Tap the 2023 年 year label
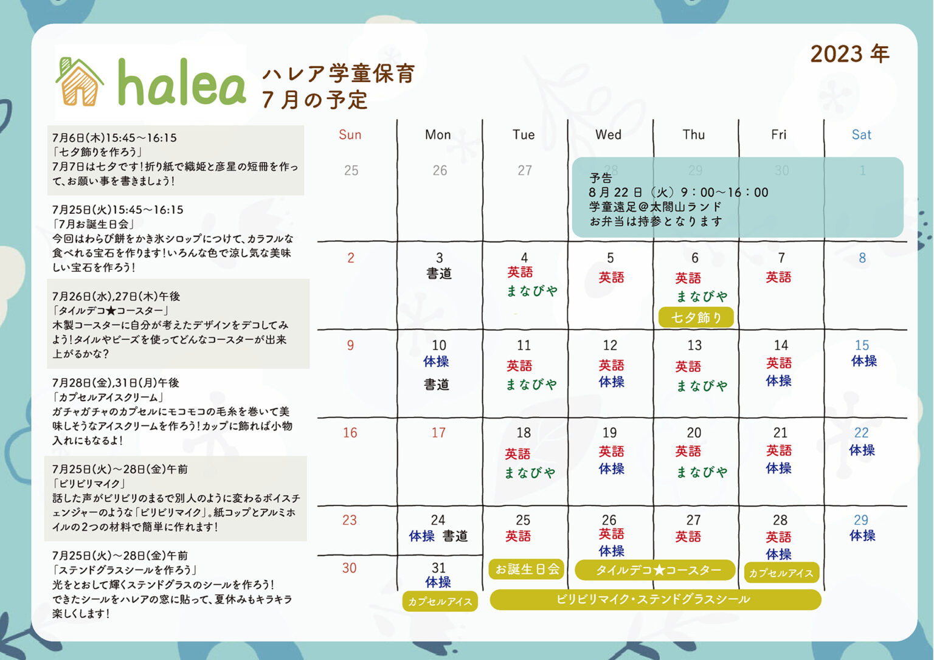(849, 54)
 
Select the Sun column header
(350, 134)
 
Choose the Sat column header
(862, 134)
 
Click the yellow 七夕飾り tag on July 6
(696, 317)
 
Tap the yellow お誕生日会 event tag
(527, 569)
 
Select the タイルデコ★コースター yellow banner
(655, 570)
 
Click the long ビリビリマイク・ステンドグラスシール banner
(656, 600)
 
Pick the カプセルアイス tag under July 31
(440, 602)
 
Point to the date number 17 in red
(438, 433)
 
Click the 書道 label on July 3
(438, 273)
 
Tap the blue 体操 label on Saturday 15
(864, 361)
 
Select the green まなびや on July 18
(530, 472)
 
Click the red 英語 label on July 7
(778, 277)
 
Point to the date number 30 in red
(349, 568)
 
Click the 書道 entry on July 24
(455, 536)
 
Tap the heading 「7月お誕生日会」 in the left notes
(93, 224)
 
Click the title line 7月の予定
(315, 100)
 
